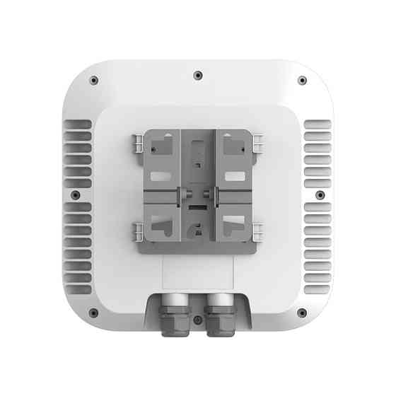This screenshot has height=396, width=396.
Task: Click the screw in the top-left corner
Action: [94, 80]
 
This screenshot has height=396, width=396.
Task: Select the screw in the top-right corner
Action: [302, 80]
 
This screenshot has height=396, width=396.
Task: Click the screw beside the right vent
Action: [320, 194]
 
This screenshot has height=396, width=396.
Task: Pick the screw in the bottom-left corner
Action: [93, 312]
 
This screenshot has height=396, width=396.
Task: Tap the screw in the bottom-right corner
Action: [302, 312]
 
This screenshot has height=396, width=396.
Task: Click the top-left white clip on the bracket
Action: [139, 144]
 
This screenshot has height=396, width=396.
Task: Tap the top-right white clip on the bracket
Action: [257, 144]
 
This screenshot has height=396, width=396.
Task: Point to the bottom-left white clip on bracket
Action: [139, 231]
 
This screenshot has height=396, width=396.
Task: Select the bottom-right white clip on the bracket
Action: [257, 231]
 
